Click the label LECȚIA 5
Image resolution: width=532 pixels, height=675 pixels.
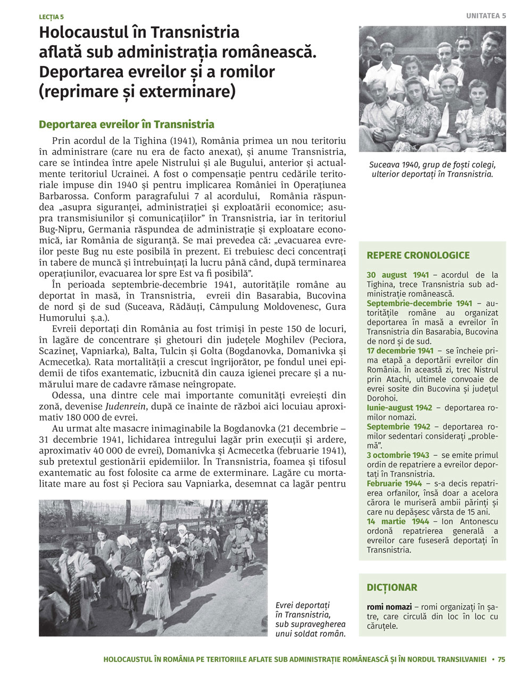pyautogui.click(x=51, y=17)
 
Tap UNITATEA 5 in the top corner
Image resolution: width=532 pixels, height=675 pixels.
pyautogui.click(x=486, y=16)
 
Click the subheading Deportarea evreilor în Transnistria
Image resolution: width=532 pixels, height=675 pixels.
pyautogui.click(x=127, y=125)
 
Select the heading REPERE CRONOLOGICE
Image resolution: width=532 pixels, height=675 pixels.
pyautogui.click(x=418, y=256)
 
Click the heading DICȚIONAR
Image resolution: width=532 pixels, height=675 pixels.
pyautogui.click(x=392, y=588)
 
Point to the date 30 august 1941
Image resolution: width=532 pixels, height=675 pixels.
pyautogui.click(x=397, y=275)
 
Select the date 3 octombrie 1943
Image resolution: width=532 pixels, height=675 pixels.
pyautogui.click(x=398, y=455)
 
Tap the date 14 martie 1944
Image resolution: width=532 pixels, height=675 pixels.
pyautogui.click(x=398, y=522)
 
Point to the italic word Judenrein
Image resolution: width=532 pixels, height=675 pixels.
pyautogui.click(x=126, y=406)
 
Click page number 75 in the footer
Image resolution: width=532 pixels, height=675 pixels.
pyautogui.click(x=502, y=660)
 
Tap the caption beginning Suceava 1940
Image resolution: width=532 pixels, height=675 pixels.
pyautogui.click(x=432, y=169)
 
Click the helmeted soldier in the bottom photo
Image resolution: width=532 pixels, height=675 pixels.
pyautogui.click(x=239, y=546)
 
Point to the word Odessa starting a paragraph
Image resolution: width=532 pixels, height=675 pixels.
pyautogui.click(x=68, y=395)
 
